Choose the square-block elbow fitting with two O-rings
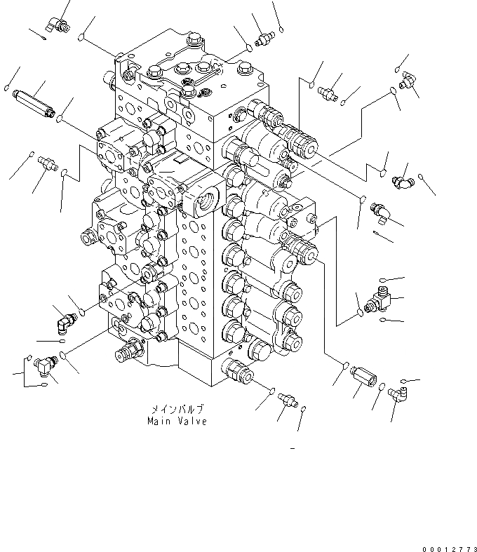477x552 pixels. pos(49,363)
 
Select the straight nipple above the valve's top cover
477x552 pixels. pos(263,39)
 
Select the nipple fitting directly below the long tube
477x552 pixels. pos(48,164)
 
